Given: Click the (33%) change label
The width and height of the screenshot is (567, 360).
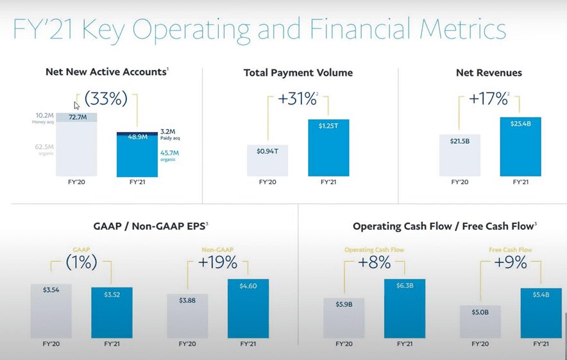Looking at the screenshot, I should pos(106,100).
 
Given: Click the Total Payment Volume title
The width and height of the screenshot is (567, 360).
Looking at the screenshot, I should pos(298,73).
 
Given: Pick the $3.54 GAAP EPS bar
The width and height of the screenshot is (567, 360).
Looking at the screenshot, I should pos(51,311).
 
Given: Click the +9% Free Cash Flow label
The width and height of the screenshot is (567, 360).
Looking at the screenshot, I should pos(510,262).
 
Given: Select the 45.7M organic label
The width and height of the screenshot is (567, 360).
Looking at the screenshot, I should pos(169,156).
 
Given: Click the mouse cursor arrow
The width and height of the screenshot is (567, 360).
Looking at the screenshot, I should pos(77,106).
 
